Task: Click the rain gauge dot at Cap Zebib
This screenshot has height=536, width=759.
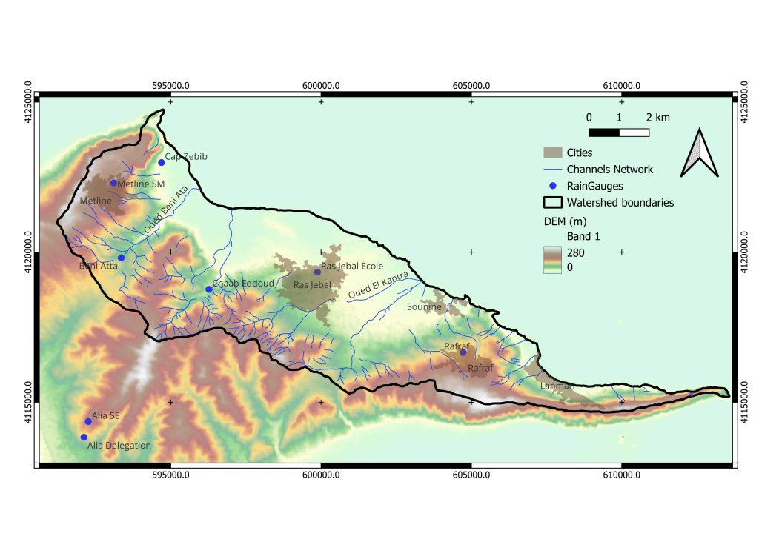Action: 161,162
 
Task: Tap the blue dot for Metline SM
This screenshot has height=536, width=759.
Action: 113,183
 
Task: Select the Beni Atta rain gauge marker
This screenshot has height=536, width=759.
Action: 121,258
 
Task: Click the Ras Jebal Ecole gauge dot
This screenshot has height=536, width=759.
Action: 317,272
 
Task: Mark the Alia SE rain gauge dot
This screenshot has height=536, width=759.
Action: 88,421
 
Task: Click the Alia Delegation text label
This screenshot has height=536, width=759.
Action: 119,446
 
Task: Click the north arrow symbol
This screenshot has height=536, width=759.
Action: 700,153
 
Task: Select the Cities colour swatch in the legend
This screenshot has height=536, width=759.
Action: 552,153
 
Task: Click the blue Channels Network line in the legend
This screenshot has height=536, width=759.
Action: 552,170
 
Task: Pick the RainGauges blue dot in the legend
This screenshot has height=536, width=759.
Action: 552,186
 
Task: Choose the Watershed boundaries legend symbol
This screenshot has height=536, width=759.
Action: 552,202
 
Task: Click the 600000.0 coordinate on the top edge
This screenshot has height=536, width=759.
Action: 321,85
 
